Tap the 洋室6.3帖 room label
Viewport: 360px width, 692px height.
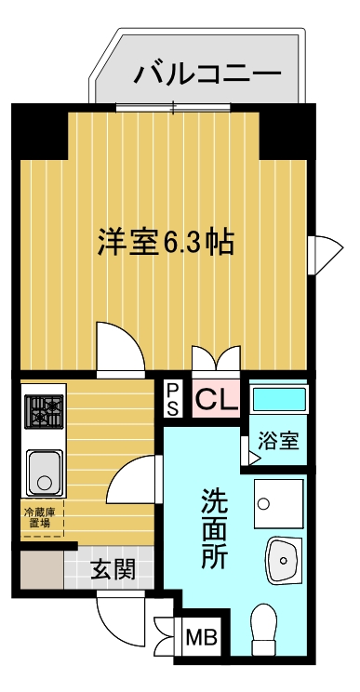click(x=166, y=242)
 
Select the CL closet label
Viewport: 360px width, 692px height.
click(x=217, y=398)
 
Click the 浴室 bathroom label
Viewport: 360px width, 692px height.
click(x=278, y=441)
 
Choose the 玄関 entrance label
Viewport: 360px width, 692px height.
click(x=113, y=571)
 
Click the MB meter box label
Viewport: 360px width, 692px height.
click(x=201, y=637)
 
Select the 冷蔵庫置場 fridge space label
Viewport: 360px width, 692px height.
click(x=40, y=518)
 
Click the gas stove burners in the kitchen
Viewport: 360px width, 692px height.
click(x=44, y=412)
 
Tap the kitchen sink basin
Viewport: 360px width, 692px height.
click(x=44, y=472)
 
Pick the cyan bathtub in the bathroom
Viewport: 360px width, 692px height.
click(x=279, y=398)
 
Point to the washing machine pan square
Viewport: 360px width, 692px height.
click(x=279, y=503)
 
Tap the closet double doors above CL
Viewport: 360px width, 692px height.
click(x=216, y=358)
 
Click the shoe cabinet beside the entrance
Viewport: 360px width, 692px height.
click(x=42, y=569)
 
